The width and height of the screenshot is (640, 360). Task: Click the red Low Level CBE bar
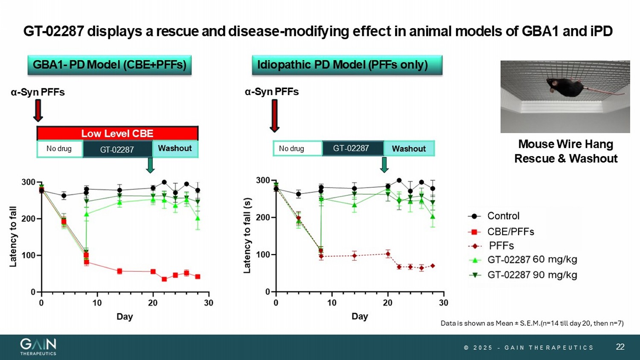tap(117, 134)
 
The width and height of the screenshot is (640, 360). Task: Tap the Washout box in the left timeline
tap(175, 148)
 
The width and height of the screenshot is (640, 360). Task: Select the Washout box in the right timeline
tap(409, 148)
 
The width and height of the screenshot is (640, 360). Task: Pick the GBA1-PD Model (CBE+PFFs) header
tap(109, 65)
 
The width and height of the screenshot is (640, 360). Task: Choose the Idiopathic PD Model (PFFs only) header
tap(347, 65)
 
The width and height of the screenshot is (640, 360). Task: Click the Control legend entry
tap(503, 216)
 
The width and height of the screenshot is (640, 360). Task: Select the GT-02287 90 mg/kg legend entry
tap(532, 275)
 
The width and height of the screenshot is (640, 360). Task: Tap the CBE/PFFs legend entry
tap(510, 232)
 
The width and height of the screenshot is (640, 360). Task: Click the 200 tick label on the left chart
tap(28, 219)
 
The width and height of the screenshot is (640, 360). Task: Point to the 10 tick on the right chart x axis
tap(332, 303)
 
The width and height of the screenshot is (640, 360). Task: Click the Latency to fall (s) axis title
tap(247, 235)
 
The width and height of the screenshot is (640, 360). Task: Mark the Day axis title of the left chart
tap(125, 316)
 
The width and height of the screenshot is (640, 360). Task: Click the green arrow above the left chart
tap(150, 165)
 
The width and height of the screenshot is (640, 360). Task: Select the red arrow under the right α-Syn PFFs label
tap(275, 116)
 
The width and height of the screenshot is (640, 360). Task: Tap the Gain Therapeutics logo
tap(38, 346)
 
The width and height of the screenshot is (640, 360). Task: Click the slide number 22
tap(620, 347)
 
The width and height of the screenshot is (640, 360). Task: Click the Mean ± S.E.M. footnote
tap(532, 323)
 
